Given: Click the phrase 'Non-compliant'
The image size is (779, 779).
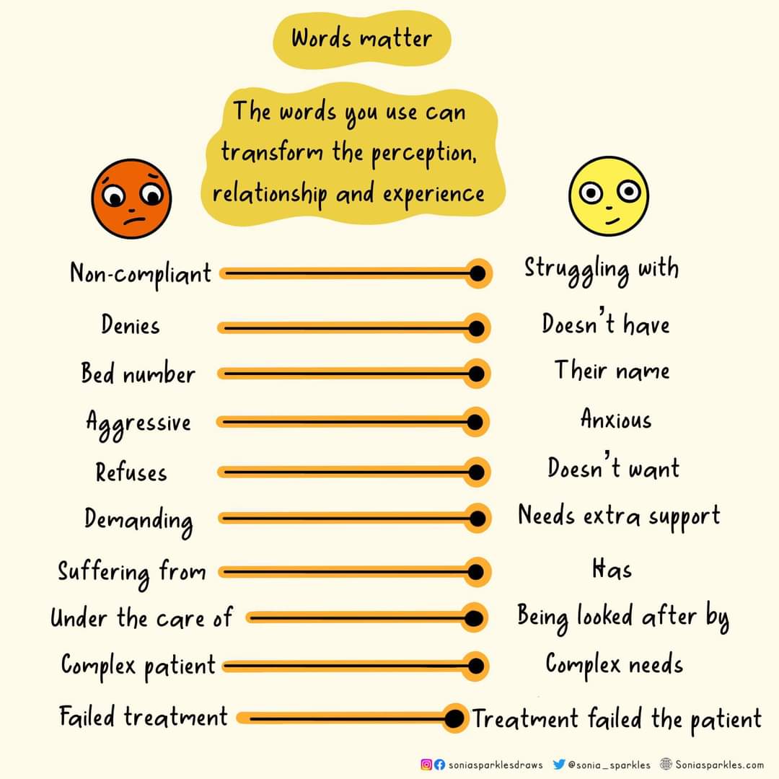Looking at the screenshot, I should coord(141,274).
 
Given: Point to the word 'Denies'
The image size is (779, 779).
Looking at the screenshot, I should coord(130,325).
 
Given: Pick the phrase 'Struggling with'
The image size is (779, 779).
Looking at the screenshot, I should coord(601,269).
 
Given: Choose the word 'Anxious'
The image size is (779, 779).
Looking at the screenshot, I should coord(615,420).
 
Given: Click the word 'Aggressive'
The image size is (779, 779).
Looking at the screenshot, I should coord(138,423).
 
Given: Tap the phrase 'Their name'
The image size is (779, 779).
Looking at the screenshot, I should coord(612,371).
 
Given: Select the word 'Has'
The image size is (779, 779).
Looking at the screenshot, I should coord(611,570).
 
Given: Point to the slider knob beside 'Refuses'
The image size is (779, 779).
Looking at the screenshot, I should coord(475,472).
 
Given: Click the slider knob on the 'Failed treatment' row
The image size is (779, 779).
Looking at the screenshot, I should coord(454,718).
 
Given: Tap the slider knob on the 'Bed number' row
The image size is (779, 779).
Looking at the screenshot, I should coord(475,374).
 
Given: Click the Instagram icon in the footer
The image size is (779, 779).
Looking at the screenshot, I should coord(426,765).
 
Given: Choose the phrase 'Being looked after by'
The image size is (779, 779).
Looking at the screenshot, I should coord(622,617).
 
